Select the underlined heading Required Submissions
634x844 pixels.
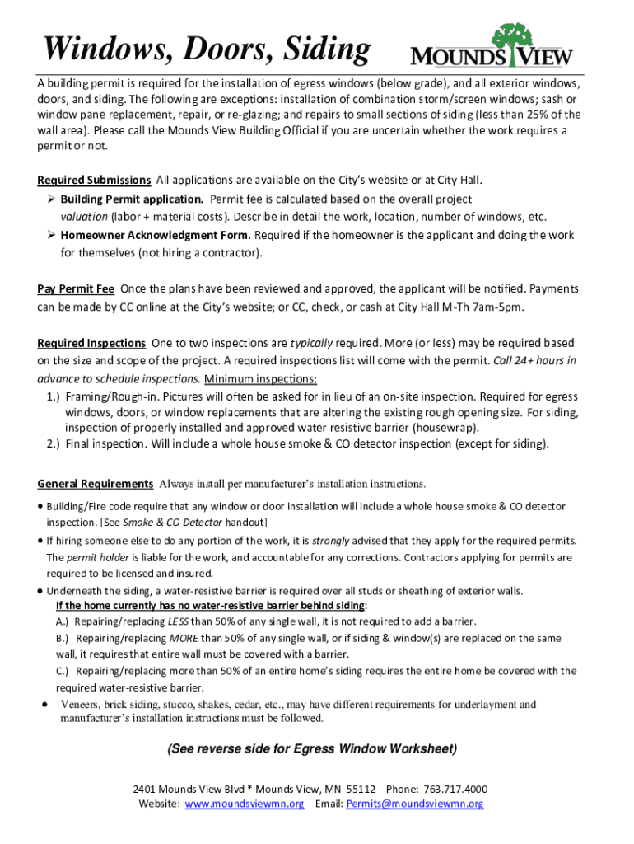point(94,180)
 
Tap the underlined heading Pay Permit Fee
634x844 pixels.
point(76,288)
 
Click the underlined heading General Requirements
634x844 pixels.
point(96,484)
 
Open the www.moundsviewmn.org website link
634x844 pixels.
point(245,804)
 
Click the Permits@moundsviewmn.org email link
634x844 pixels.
point(415,804)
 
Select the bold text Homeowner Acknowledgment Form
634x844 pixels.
point(156,236)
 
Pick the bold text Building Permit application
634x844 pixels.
point(132,199)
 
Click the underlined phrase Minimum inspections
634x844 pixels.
point(261,379)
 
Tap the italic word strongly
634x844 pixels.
point(330,542)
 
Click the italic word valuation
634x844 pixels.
point(83,218)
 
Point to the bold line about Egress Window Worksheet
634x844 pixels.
point(311,749)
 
